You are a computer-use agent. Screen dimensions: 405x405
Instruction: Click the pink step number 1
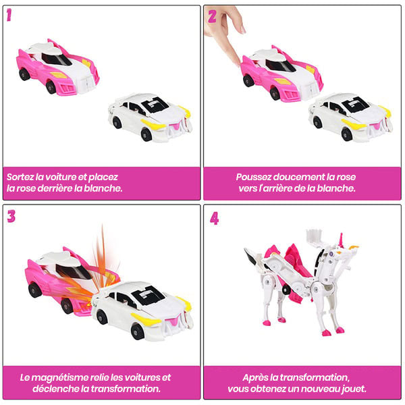pos(9,15)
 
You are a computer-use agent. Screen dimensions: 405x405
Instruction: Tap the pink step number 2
pos(213,16)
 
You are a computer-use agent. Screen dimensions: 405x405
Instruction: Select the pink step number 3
pos(11,216)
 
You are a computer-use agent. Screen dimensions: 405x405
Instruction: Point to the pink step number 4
pos(215,219)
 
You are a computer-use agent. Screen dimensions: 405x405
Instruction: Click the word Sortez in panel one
pos(20,177)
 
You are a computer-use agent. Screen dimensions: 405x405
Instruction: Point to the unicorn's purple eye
pos(331,254)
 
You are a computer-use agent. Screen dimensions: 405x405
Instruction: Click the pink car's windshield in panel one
pos(56,59)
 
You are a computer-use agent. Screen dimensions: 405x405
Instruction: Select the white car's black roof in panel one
pos(155,104)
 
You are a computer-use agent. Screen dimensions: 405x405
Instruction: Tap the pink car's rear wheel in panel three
pos(34,290)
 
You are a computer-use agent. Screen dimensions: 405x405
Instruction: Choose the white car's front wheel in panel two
pos(348,134)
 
